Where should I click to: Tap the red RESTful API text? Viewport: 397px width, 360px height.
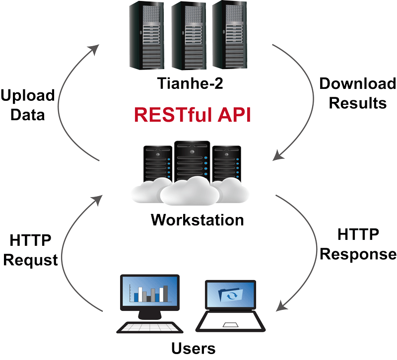point(193,115)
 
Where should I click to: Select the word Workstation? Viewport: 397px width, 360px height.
point(198,219)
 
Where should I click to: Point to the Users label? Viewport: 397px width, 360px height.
point(194,348)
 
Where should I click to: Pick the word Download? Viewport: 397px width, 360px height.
point(357,83)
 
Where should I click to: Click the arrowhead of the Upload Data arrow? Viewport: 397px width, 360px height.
point(94,49)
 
